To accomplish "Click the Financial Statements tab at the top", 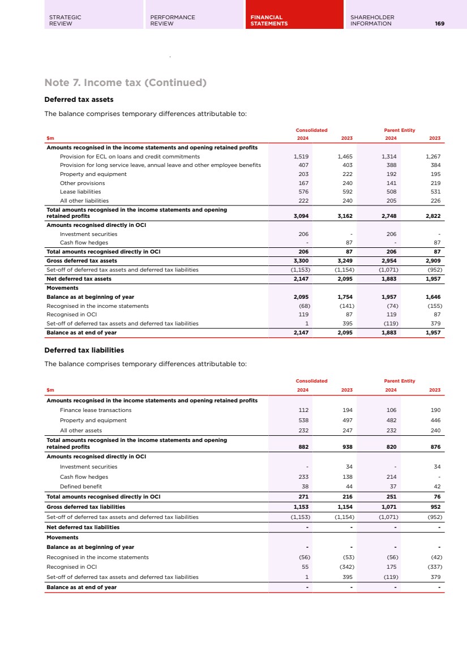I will pyautogui.click(x=269, y=20).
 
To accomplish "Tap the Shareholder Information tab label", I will pyautogui.click(x=372, y=20).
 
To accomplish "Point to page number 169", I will pyautogui.click(x=439, y=24).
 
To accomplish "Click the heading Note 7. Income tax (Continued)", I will pyautogui.click(x=125, y=83).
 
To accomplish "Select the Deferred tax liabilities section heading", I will pyautogui.click(x=84, y=350).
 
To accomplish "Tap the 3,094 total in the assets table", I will pyautogui.click(x=301, y=216).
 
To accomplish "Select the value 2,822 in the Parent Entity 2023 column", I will pyautogui.click(x=432, y=216).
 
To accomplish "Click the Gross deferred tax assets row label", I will pyautogui.click(x=82, y=260).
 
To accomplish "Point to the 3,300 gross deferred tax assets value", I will pyautogui.click(x=301, y=260).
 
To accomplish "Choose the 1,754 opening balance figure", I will pyautogui.click(x=344, y=297).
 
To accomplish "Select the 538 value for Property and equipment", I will pyautogui.click(x=303, y=420).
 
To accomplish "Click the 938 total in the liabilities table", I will pyautogui.click(x=347, y=447).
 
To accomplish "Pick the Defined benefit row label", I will pyautogui.click(x=81, y=486).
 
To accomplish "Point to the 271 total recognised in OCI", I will pyautogui.click(x=303, y=497).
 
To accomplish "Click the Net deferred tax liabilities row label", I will pyautogui.click(x=83, y=527).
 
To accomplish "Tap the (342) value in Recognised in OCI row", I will pyautogui.click(x=345, y=566).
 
